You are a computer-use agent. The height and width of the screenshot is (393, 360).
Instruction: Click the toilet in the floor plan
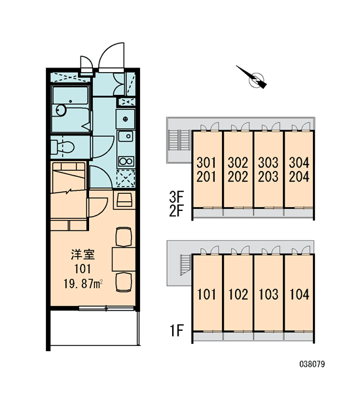point(63,147)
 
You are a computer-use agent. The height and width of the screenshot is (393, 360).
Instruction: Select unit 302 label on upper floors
point(238,162)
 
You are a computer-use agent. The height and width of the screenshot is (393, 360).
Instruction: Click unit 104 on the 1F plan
point(299,294)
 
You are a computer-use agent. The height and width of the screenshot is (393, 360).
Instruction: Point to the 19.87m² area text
point(83,284)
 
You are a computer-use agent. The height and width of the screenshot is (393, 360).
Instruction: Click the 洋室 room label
point(82,255)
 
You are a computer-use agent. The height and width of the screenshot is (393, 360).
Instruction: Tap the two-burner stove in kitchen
point(126,161)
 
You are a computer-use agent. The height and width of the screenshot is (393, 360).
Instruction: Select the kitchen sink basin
point(126,136)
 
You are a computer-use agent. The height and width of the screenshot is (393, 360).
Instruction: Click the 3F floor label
point(176,197)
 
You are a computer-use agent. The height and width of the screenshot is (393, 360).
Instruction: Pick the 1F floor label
point(177,330)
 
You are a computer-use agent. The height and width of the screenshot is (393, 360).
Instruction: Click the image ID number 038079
point(312,364)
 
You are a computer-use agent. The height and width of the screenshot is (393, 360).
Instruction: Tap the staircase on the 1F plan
point(186,265)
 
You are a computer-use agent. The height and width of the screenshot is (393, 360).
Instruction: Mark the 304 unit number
point(299,162)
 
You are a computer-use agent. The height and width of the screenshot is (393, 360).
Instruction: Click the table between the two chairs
point(124,259)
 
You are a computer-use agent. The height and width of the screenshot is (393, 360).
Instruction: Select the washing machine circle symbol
point(126,119)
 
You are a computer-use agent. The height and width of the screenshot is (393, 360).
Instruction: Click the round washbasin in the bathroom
point(61,110)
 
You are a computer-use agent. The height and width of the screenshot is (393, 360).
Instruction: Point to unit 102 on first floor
point(238,294)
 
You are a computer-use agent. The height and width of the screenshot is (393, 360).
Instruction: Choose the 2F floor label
point(176,210)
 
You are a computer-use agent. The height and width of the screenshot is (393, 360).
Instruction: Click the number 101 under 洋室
point(82,269)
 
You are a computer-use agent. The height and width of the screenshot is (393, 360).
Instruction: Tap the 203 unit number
point(268,177)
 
